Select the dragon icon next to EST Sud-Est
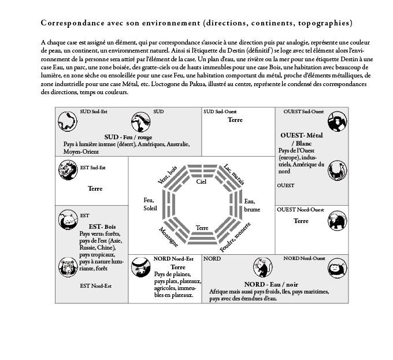67,170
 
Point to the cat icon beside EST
68,220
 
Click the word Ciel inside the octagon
201,181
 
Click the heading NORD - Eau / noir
272,285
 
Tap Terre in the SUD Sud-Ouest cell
235,120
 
